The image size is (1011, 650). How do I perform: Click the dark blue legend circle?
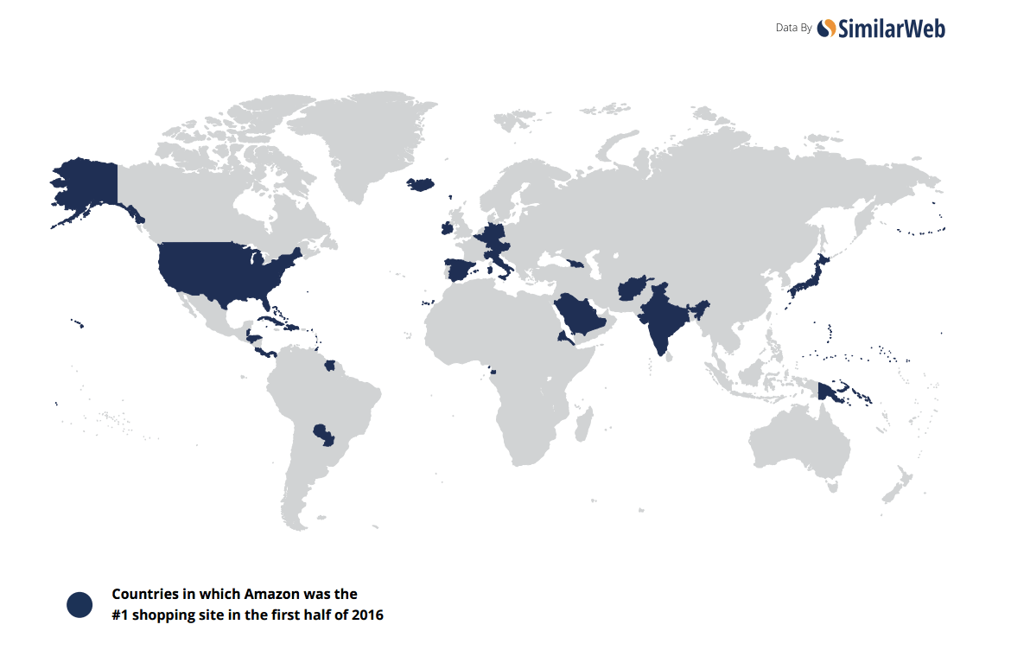[x=79, y=605]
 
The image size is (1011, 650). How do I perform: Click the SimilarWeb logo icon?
[x=826, y=29]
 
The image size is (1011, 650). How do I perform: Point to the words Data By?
[x=793, y=29]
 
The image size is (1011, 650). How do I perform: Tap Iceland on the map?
[x=421, y=183]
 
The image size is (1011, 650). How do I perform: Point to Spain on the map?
[x=461, y=269]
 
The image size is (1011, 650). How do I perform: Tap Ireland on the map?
[x=446, y=228]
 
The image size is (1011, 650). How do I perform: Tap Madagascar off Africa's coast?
[x=584, y=424]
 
